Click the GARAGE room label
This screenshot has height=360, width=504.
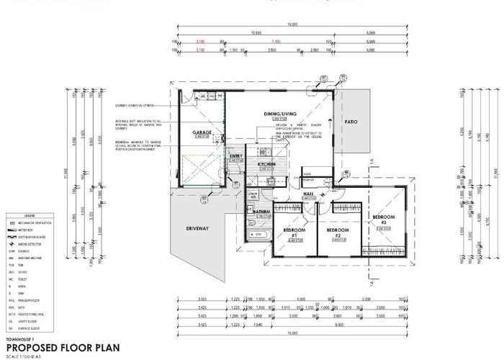click(x=201, y=133)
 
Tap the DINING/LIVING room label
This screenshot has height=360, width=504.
click(x=279, y=113)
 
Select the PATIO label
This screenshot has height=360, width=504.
click(x=351, y=122)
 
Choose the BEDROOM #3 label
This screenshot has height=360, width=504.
click(x=383, y=219)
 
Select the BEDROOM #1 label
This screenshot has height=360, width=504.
click(x=292, y=233)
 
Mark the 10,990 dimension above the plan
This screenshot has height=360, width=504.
click(x=256, y=32)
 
